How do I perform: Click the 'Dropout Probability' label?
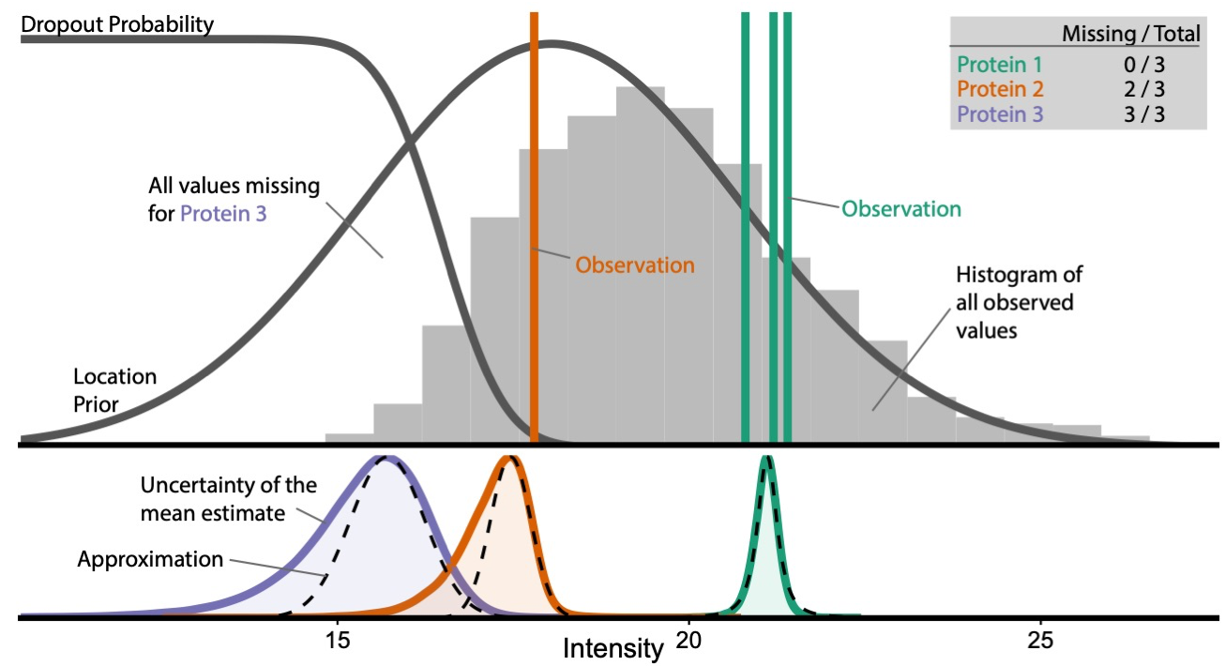point(117,25)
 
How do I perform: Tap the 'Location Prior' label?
point(115,390)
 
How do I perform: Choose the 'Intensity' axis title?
point(612,647)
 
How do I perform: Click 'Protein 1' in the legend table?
point(999,65)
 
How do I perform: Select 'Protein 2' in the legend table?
point(999,89)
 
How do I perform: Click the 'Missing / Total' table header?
point(1130,35)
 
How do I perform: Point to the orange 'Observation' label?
point(635,265)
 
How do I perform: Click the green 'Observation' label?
point(900,208)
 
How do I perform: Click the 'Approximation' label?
point(150,560)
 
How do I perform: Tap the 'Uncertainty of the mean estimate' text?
point(228,500)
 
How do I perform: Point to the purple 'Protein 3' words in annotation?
point(223,213)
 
